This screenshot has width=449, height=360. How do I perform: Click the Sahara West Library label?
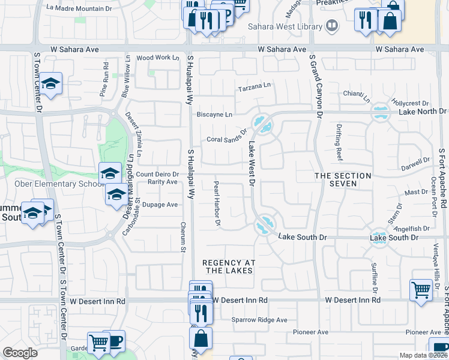coord(284,26)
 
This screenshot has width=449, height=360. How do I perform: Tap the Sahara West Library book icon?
coord(331,26)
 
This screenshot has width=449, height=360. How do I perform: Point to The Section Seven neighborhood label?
coord(343,179)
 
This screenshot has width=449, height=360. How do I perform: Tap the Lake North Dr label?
coord(422,111)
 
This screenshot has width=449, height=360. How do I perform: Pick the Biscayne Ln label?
coord(214,114)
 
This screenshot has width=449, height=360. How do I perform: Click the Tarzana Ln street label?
coord(254,87)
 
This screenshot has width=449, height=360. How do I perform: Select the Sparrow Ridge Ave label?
coord(259,320)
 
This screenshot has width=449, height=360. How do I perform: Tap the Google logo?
coord(20,352)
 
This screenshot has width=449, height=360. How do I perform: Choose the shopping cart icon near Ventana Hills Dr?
coord(421,290)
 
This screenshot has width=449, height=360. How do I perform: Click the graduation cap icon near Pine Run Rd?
coord(51,84)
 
